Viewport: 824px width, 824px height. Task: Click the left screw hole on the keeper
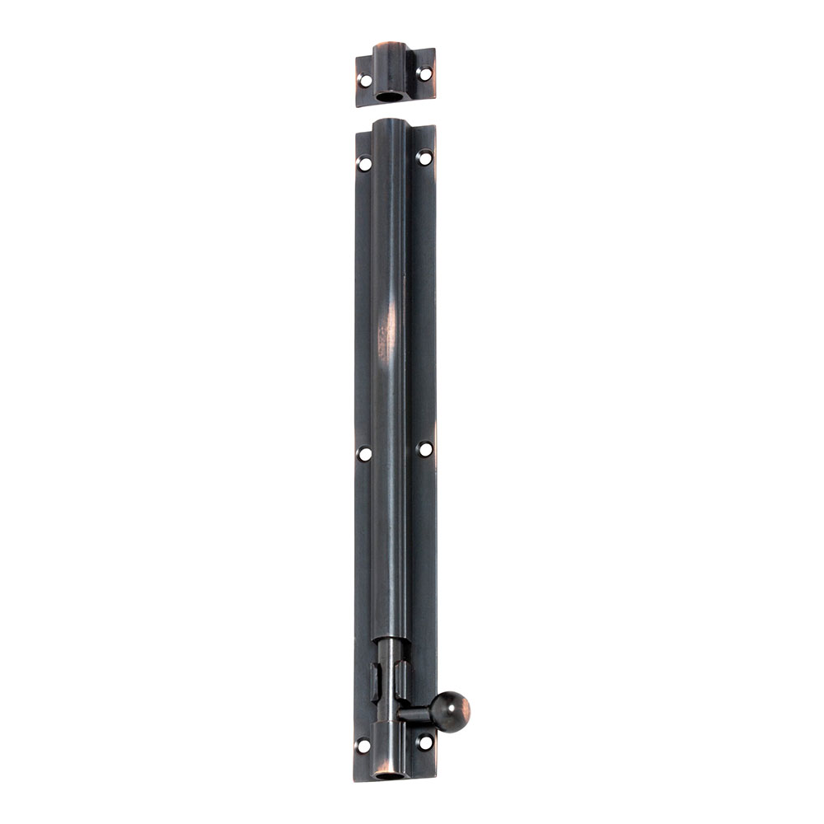[364, 80]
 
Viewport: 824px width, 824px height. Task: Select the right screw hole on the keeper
[424, 73]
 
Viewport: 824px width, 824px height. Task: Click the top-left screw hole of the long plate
[364, 163]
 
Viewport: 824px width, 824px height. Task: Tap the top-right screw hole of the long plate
[424, 157]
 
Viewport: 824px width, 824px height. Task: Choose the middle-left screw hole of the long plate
[364, 453]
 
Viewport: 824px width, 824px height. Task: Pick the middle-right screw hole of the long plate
[424, 448]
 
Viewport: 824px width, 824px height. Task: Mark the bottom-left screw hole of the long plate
[363, 746]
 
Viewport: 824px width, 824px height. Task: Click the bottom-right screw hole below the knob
[424, 742]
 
